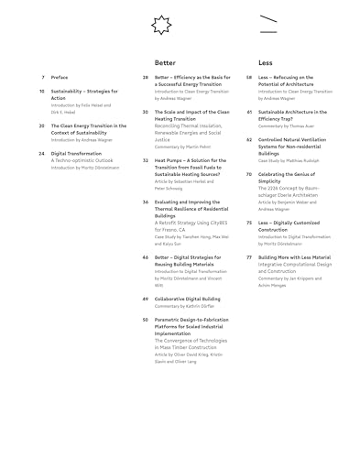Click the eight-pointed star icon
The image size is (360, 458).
160,25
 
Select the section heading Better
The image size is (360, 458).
165,62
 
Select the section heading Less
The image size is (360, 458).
265,62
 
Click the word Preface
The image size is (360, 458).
60,78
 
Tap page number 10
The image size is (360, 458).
42,92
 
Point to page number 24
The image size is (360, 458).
42,153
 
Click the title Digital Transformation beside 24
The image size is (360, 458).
76,153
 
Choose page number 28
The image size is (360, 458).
146,78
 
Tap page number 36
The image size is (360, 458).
146,201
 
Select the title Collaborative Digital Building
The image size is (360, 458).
187,299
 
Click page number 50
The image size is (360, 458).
146,320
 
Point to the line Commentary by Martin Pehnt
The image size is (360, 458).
183,146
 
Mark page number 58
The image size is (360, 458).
249,78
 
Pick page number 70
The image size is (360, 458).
249,173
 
